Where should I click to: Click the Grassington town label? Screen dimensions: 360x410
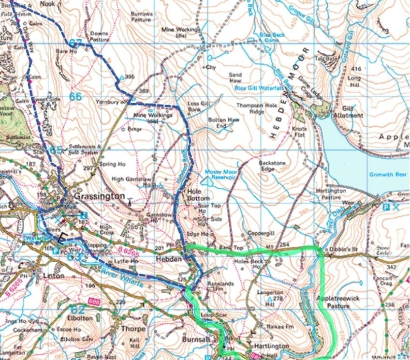tap(99, 197)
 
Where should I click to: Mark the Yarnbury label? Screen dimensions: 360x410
tap(111, 102)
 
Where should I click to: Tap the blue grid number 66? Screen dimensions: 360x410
tap(75, 96)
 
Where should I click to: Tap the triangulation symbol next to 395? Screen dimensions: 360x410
tap(121, 77)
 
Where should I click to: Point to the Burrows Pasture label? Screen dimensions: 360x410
tap(142, 17)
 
